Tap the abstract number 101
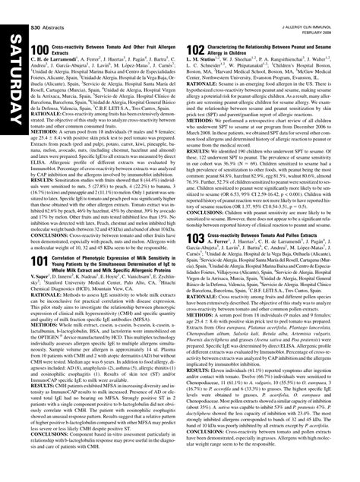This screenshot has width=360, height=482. pyautogui.click(x=40, y=260)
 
